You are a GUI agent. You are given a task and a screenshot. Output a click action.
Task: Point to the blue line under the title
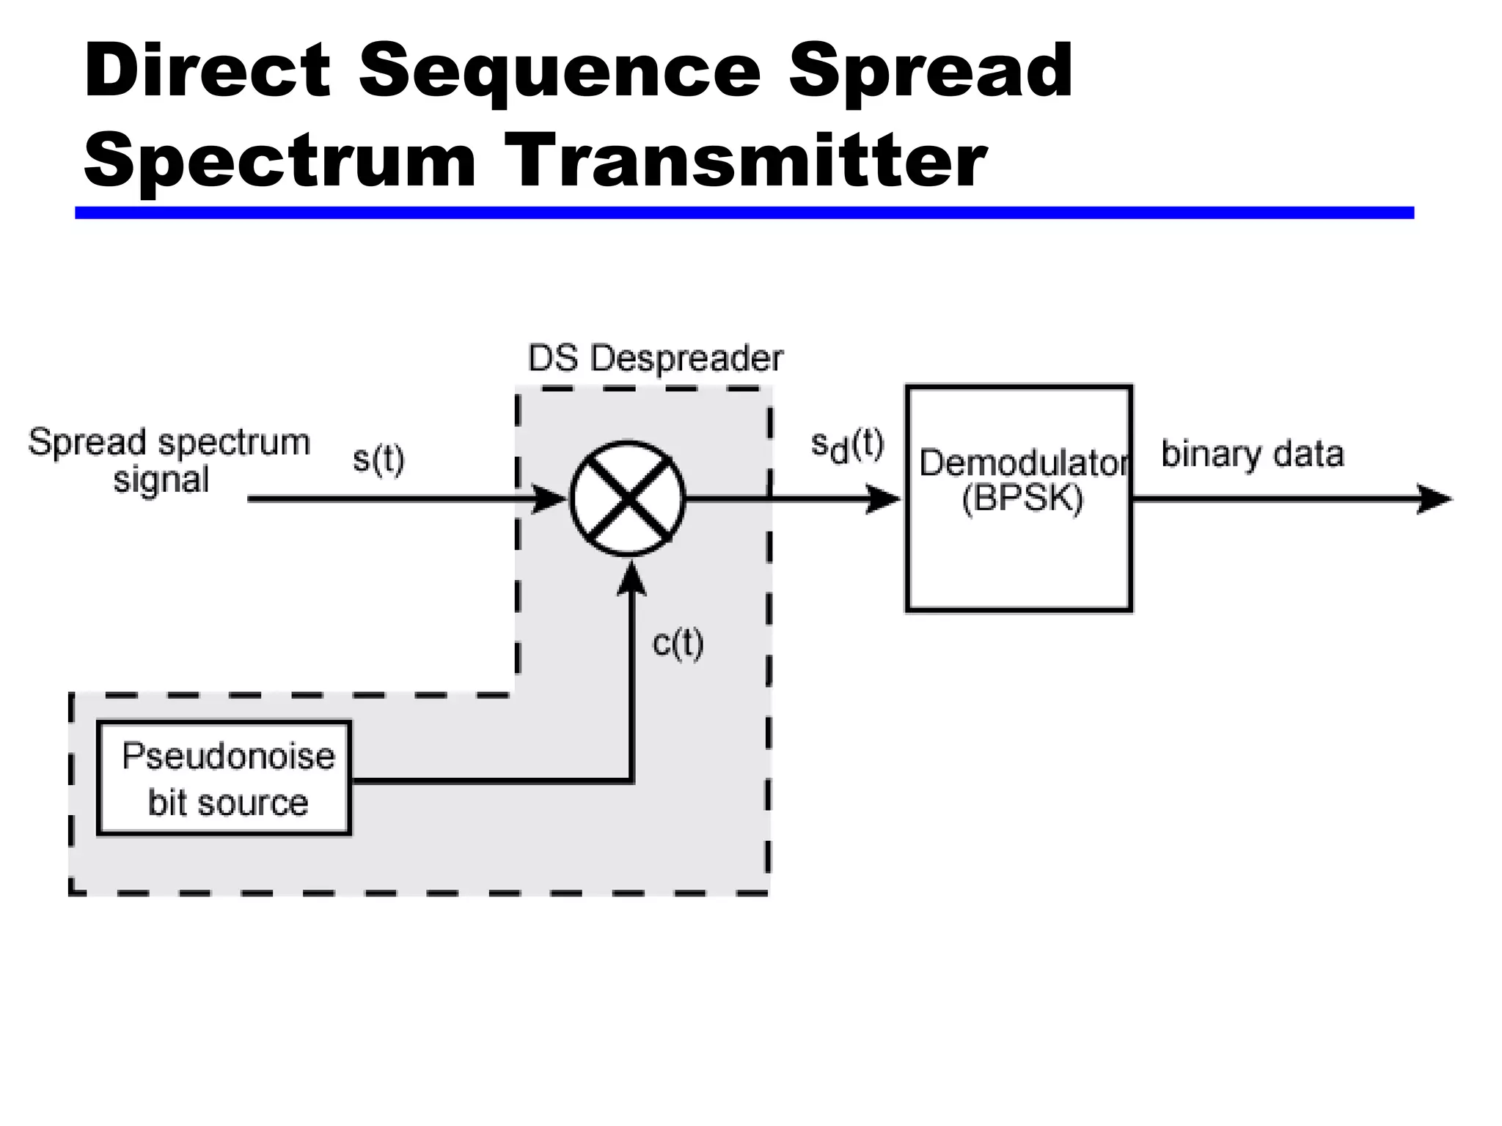744,213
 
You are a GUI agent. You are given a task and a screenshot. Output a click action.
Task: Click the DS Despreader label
655,358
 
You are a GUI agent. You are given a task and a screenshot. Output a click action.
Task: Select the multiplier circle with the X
628,499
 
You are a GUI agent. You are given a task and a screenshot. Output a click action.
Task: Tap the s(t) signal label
378,460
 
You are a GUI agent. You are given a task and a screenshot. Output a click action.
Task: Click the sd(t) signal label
848,446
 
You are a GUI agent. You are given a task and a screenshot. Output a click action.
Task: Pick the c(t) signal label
678,643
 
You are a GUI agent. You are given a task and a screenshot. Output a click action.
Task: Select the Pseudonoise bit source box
224,778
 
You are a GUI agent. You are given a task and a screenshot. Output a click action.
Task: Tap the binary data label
1252,454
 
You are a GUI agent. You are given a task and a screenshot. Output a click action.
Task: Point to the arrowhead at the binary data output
1433,499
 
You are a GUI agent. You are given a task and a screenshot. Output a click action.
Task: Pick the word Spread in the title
930,71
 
